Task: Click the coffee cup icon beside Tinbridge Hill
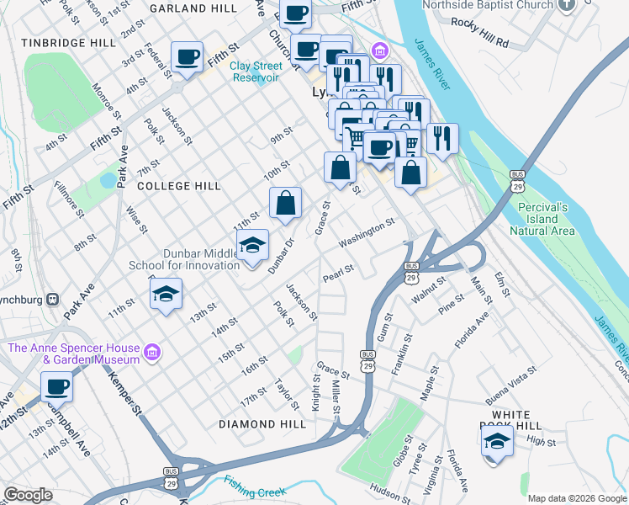[187, 58]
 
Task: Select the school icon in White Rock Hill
[497, 441]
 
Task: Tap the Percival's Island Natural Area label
[542, 219]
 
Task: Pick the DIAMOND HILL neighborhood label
[262, 424]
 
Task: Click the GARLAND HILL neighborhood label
[193, 8]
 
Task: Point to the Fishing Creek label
[255, 486]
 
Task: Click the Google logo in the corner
[28, 495]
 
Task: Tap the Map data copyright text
[577, 498]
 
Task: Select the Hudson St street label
[389, 492]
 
